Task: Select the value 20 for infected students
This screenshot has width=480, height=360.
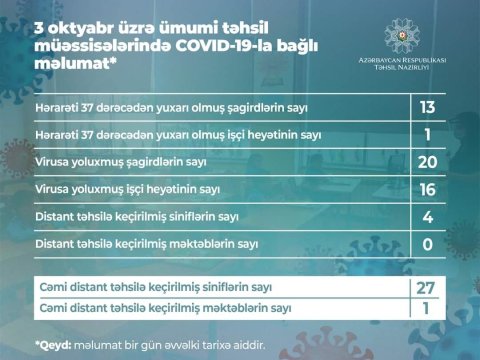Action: [428, 161]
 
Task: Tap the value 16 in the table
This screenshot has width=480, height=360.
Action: [428, 188]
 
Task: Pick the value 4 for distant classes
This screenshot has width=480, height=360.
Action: [428, 215]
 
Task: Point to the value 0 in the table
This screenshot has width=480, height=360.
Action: [428, 242]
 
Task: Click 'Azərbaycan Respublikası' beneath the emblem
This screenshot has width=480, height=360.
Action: [397, 61]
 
